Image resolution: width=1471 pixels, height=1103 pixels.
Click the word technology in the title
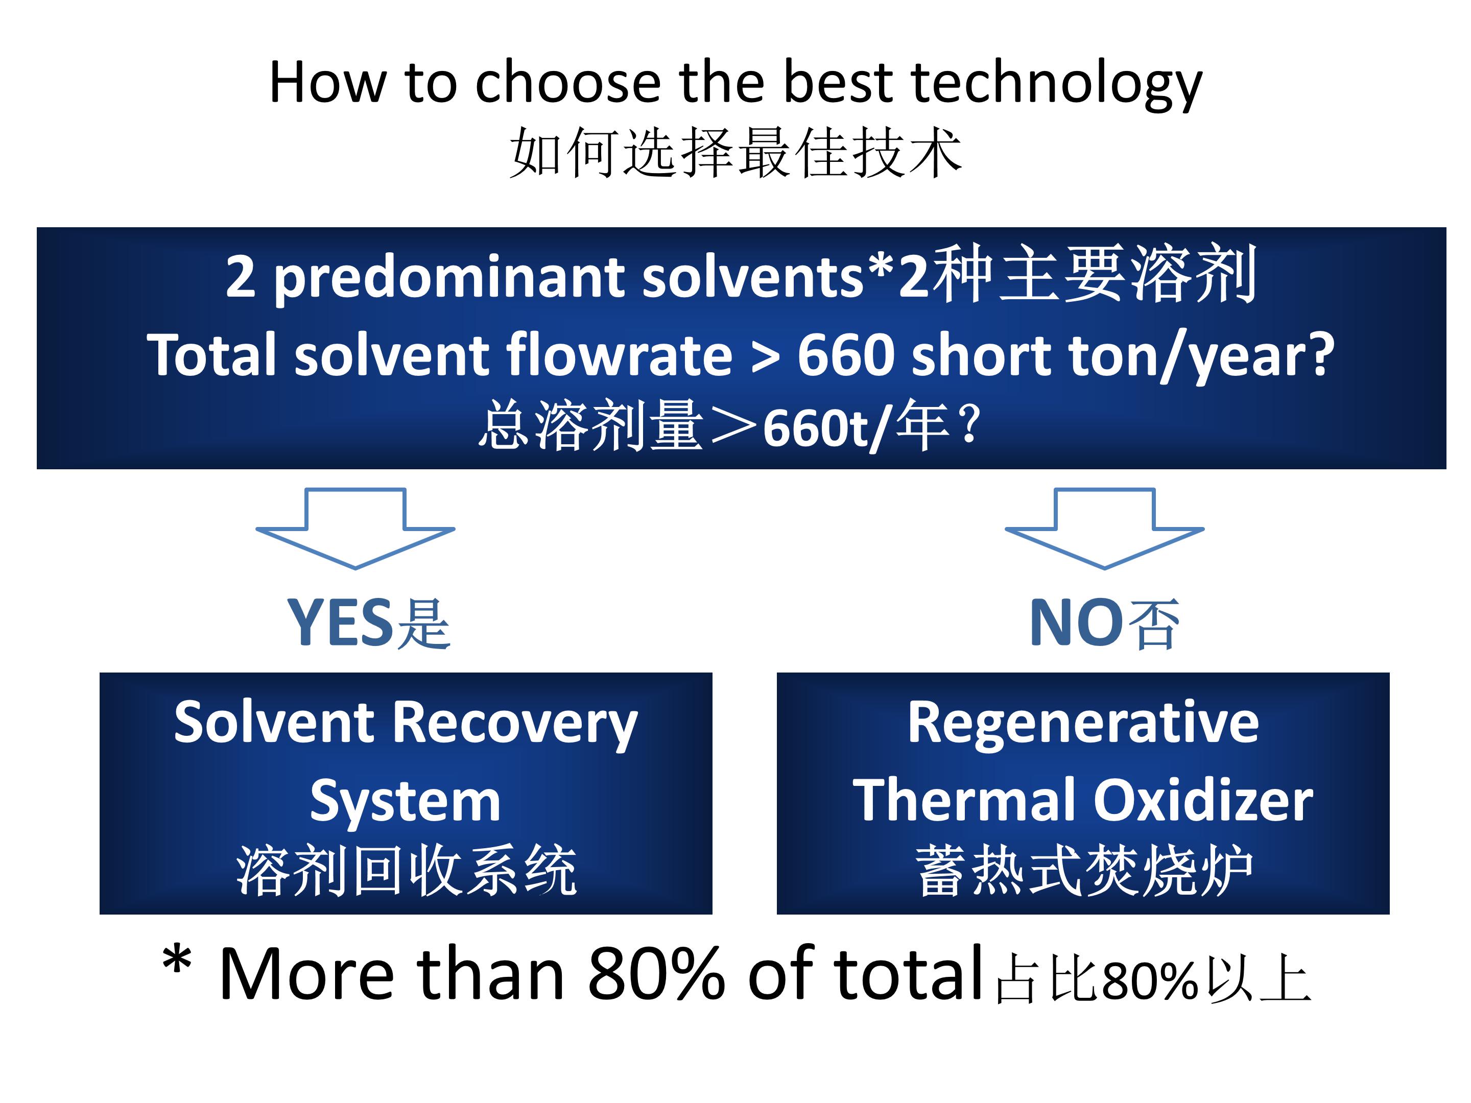(x=1057, y=84)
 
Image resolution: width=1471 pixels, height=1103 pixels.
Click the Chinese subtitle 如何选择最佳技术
(x=736, y=153)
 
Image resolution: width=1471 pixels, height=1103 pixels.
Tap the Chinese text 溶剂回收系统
(x=407, y=871)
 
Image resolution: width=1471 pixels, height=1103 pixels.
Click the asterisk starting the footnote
(x=177, y=961)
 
